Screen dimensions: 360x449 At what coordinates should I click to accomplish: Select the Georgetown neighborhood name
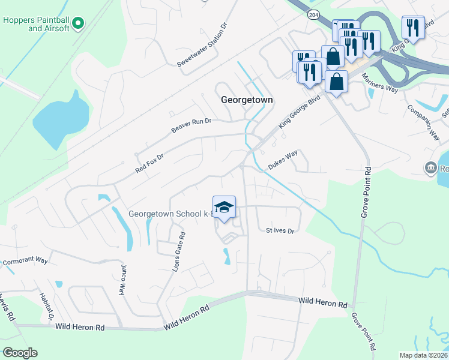coord(247,100)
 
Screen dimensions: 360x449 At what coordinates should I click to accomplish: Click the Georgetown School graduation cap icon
coord(224,208)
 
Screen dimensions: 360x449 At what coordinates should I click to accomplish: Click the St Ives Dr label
coord(280,230)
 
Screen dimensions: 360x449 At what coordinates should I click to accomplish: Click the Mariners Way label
coord(381,86)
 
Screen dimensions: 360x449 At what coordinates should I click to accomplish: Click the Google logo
coord(20,353)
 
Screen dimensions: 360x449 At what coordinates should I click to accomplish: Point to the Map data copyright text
coord(423,355)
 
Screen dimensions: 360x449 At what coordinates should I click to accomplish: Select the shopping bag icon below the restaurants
coord(336,82)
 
